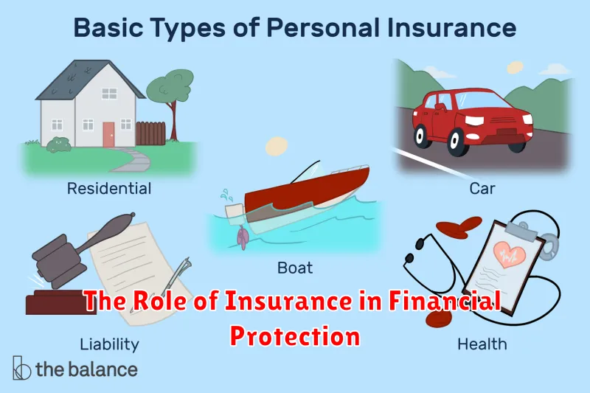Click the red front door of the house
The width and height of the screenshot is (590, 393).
[108, 135]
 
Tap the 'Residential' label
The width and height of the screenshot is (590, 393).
[109, 189]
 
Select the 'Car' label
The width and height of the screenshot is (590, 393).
[482, 189]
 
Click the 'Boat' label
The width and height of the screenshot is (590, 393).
[295, 268]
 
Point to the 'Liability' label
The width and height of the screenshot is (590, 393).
[109, 344]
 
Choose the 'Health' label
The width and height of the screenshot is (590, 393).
[482, 344]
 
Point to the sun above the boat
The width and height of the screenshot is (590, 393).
[277, 146]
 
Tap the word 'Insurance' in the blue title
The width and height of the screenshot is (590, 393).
[451, 27]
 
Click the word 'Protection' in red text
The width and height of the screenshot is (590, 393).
[295, 335]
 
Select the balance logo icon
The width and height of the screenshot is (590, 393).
[21, 368]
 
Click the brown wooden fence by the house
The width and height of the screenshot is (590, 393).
[150, 133]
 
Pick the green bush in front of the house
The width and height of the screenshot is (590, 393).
[59, 145]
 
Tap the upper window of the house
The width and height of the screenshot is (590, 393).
[109, 93]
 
